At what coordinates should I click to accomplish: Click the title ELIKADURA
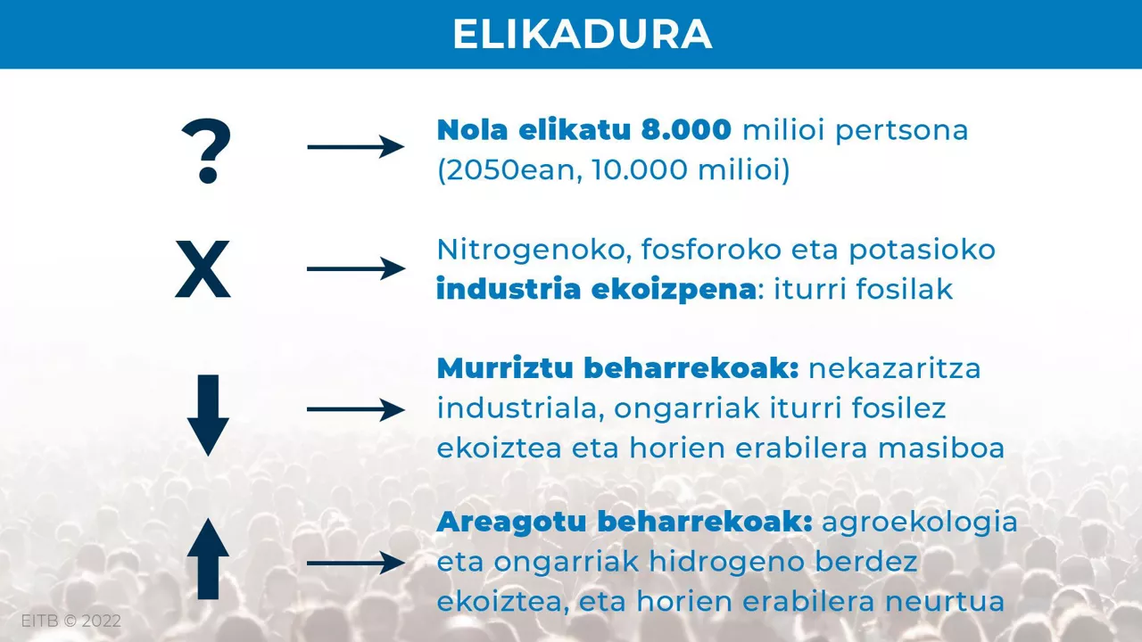point(582,34)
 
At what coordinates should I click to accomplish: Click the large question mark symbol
point(206,152)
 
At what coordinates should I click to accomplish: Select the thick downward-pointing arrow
point(208,415)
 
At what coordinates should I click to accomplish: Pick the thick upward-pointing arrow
point(208,559)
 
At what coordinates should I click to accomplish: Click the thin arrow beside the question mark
point(355,145)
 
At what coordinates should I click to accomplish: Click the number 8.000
point(686,130)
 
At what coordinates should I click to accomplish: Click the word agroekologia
point(920,523)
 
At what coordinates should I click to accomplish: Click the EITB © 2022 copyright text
point(70,621)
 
